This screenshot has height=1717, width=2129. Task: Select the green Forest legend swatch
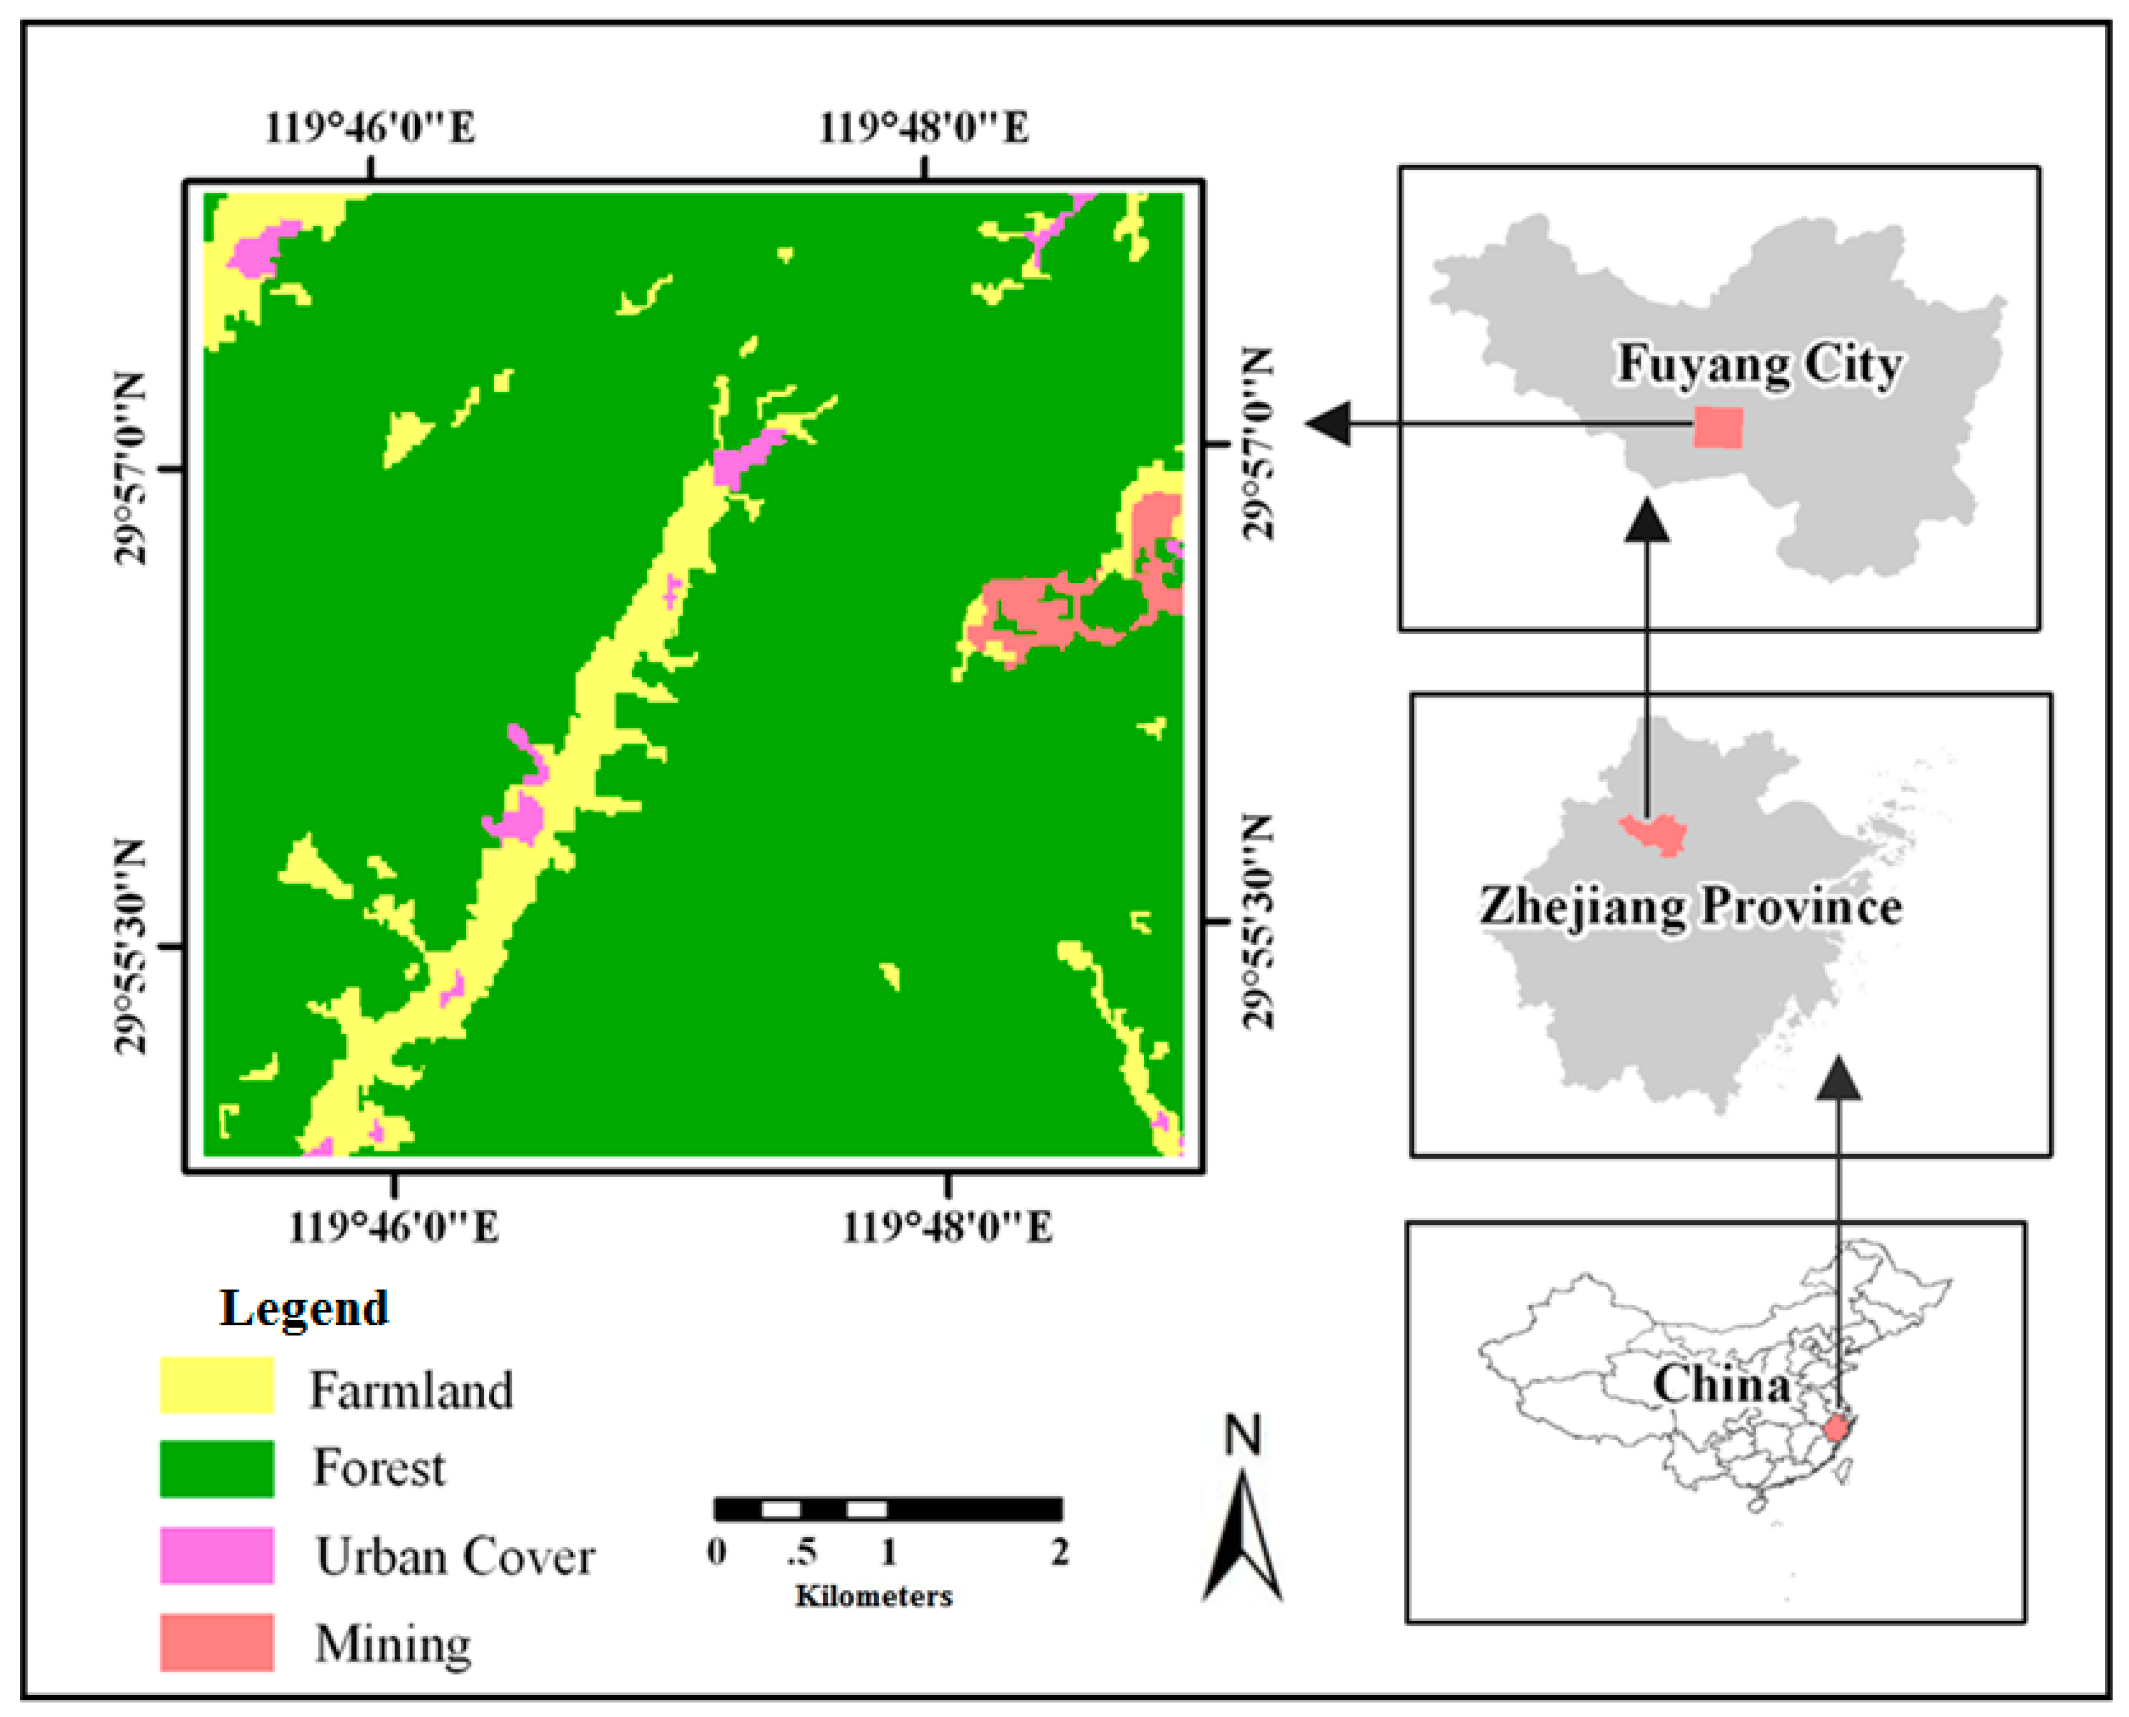[217, 1468]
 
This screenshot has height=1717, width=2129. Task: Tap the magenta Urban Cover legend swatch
[217, 1555]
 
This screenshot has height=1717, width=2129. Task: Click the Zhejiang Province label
[1690, 906]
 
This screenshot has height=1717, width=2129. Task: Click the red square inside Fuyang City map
[1717, 428]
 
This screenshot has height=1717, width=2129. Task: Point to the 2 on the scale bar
[1059, 1553]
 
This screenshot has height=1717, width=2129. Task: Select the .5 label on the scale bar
[800, 1553]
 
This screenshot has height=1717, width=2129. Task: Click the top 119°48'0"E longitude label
[923, 127]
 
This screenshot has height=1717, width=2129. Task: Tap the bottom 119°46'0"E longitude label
[394, 1227]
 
